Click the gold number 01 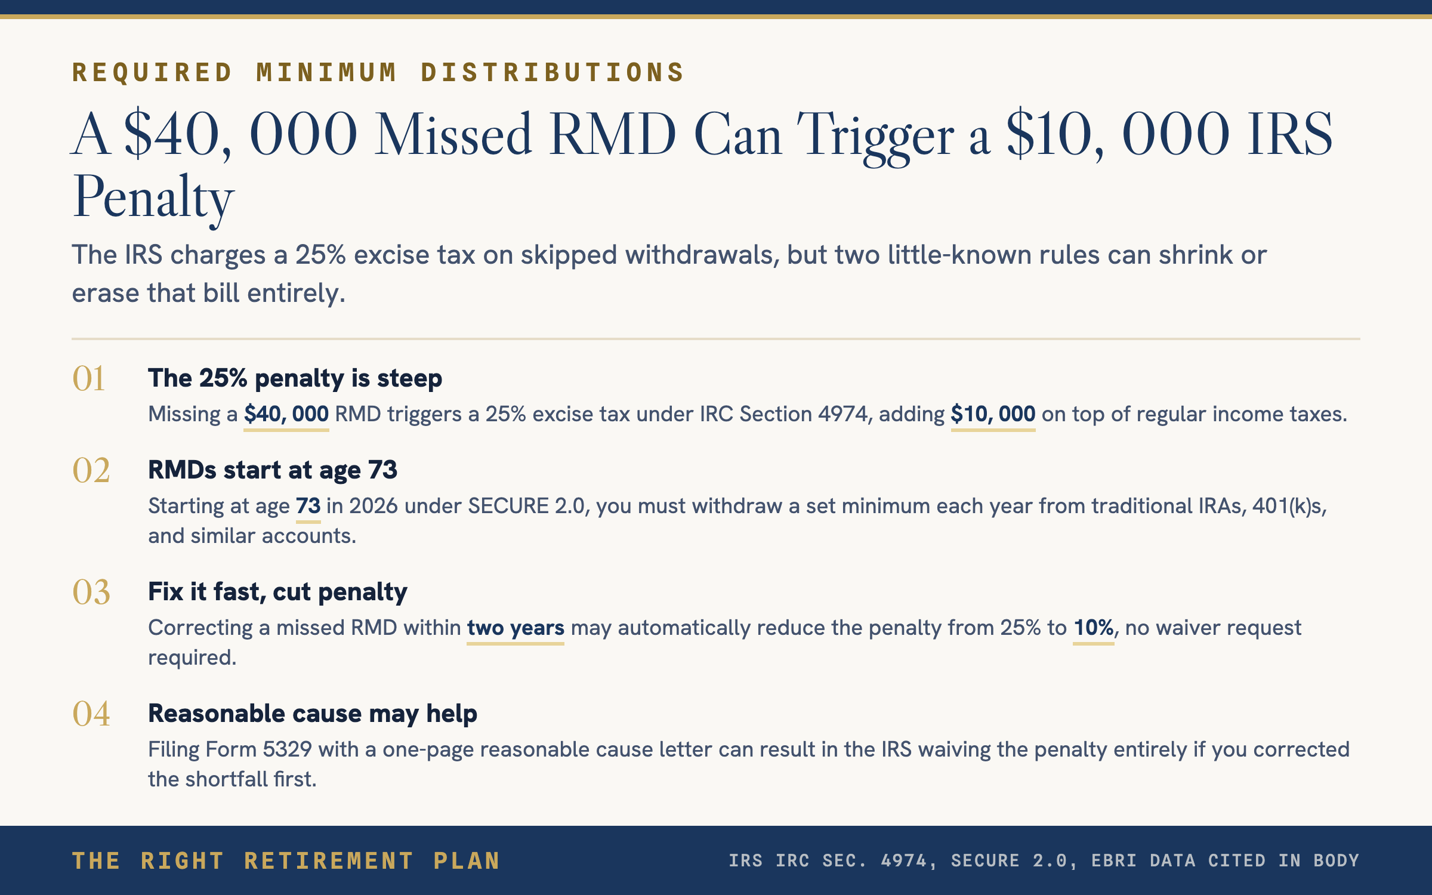point(89,378)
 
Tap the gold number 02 point(91,470)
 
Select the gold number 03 point(91,592)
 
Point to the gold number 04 point(91,714)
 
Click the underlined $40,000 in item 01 point(286,414)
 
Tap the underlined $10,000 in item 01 point(993,414)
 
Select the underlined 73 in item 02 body point(308,506)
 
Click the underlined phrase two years point(516,628)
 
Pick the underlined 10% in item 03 point(1094,628)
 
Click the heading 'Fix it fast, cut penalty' point(277,592)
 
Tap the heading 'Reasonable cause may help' point(313,714)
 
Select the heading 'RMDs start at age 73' point(273,470)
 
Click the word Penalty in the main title point(153,199)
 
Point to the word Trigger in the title point(876,137)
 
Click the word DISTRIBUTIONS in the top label point(553,73)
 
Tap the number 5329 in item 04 point(288,749)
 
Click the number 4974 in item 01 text point(842,414)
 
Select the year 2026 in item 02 point(374,506)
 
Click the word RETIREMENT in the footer point(329,861)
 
